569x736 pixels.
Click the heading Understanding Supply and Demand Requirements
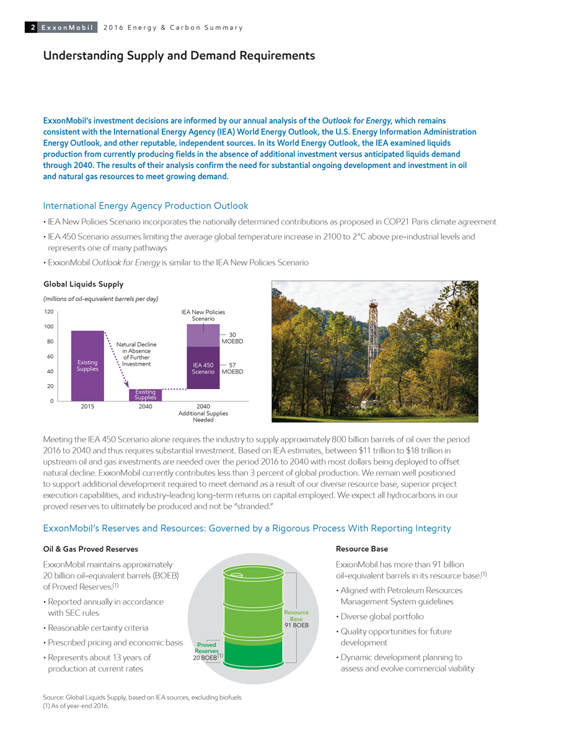point(179,56)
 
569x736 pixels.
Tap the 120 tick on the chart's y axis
point(48,312)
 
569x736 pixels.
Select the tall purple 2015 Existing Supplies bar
point(87,366)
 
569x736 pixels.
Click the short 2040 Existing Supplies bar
point(146,395)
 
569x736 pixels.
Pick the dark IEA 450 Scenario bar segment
point(203,368)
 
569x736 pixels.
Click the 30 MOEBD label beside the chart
point(232,338)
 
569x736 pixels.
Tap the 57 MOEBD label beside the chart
point(232,368)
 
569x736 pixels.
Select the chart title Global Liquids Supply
point(83,284)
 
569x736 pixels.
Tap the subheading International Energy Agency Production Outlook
point(146,206)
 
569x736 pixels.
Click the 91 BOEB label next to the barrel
point(296,624)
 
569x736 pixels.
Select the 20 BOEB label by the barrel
point(206,657)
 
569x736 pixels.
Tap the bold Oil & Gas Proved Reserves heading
point(90,549)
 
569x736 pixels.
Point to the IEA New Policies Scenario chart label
point(203,315)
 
